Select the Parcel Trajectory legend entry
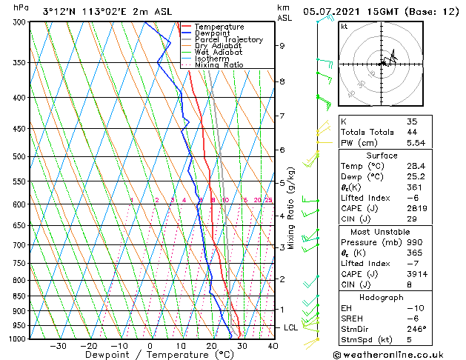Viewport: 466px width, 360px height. [x=228, y=40]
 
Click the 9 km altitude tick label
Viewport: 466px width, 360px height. [x=282, y=46]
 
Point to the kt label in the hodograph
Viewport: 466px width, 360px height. [x=344, y=27]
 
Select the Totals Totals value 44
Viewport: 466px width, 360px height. [x=412, y=132]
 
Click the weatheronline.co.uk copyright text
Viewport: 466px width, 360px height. [x=399, y=354]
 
